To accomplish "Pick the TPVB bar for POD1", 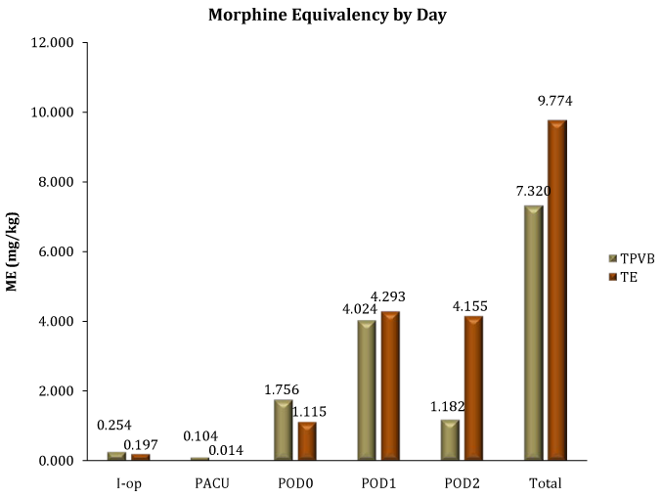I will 366,389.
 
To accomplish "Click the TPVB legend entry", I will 626,258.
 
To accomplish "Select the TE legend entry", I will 621,277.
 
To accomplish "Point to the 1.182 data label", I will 449,405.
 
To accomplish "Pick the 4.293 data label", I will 387,297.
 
